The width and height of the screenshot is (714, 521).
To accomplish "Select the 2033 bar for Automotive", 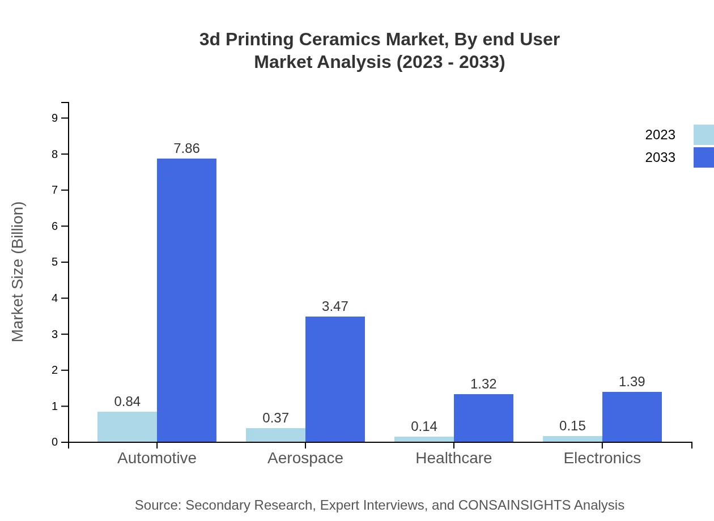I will tap(186, 300).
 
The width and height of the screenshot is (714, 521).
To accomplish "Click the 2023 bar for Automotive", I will tap(127, 427).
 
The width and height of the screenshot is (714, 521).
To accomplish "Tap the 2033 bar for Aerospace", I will tap(335, 379).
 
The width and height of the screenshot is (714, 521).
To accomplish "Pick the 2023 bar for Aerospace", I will tap(275, 435).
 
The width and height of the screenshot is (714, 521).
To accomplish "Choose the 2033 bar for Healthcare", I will tap(483, 418).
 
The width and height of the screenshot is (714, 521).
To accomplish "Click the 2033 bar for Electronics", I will tap(632, 417).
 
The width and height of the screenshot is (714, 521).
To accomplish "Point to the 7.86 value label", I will tap(186, 148).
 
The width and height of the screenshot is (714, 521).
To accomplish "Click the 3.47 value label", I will tap(335, 306).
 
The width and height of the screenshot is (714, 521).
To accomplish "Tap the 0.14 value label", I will tap(424, 426).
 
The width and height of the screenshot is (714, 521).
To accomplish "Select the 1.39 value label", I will tap(632, 382).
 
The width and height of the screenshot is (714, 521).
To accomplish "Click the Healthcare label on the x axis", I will tap(453, 458).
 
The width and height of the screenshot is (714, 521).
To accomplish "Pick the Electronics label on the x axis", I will tap(602, 458).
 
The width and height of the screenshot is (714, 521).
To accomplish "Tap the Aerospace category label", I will tap(305, 458).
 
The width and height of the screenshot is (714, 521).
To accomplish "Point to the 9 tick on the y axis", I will tap(55, 118).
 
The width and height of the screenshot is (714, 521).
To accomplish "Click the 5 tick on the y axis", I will tap(55, 262).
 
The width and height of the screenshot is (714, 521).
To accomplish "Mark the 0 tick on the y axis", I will tap(55, 442).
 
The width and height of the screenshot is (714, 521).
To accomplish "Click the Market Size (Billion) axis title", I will tap(18, 272).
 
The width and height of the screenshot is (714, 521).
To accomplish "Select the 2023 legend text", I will tap(660, 135).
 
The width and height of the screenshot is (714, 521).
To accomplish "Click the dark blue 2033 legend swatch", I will tap(703, 157).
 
